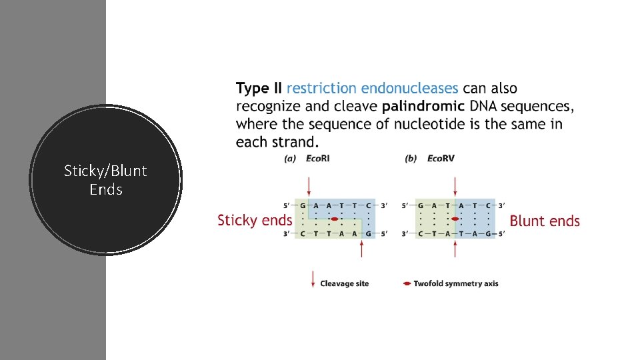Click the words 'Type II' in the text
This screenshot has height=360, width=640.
tap(259, 89)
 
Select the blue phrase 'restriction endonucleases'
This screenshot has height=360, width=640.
tap(372, 89)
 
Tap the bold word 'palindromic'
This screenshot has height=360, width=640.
tap(423, 107)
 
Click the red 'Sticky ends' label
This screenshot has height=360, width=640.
tap(255, 221)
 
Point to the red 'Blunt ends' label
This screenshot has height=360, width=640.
tap(545, 221)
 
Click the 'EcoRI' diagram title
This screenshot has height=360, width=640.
tap(318, 159)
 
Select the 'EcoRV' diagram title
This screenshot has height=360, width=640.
tap(440, 159)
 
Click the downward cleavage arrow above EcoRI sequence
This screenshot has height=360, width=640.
tap(308, 185)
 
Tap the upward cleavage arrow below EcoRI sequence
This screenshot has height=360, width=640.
tap(361, 248)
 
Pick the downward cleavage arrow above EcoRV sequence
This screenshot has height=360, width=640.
tap(455, 185)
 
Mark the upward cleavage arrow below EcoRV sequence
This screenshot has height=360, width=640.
tap(455, 248)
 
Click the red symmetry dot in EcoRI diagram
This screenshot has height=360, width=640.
tap(335, 219)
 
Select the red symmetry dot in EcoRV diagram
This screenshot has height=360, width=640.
tap(455, 219)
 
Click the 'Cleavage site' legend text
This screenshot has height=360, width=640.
tap(344, 283)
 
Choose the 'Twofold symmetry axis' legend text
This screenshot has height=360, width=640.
tap(455, 283)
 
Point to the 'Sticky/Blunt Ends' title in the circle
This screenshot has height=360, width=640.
tap(106, 180)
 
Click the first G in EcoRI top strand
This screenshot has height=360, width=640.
tap(303, 205)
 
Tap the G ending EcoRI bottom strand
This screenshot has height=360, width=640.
tap(368, 233)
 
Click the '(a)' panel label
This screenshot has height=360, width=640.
tap(290, 159)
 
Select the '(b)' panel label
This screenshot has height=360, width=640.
tap(411, 159)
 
